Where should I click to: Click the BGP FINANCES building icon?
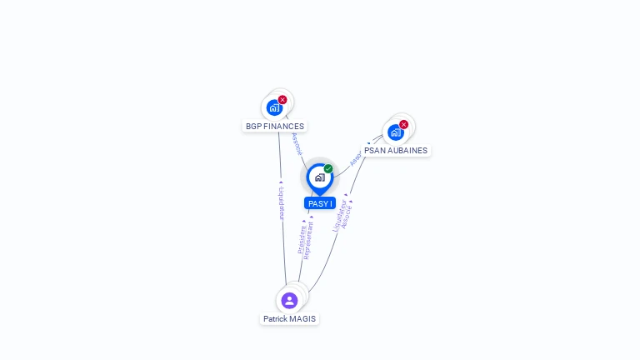point(274,107)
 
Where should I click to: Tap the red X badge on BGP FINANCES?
point(282,99)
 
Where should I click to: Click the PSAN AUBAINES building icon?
point(395,132)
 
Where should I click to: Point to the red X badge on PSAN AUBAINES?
point(403,124)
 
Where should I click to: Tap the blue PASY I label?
point(320,203)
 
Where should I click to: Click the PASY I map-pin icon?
point(319,177)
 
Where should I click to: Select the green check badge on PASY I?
point(328,169)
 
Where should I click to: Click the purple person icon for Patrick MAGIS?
point(289,301)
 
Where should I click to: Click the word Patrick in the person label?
point(276,319)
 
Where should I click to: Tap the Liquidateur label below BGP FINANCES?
point(282,202)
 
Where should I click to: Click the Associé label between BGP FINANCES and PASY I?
point(297,143)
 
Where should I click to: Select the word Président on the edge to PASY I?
point(302,238)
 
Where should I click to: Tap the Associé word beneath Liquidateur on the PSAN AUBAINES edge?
point(347,216)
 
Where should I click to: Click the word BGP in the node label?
point(253,127)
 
